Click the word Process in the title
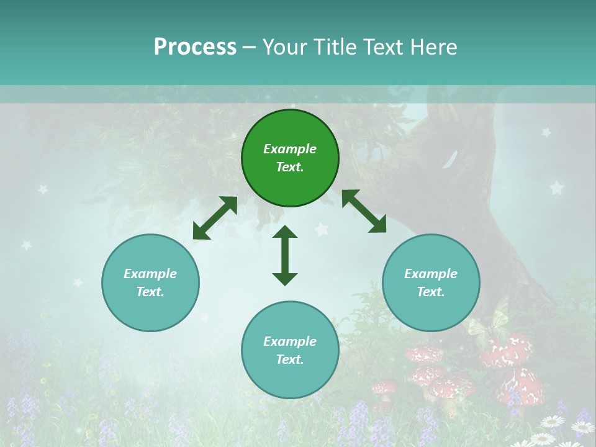pos(195,47)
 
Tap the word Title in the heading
pos(333,47)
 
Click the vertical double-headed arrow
pos(285,255)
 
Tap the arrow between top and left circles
pos(215,218)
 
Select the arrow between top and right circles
pos(364,211)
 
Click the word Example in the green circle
pos(290,149)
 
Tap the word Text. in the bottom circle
pos(290,359)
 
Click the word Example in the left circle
pos(150,274)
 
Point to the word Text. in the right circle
pos(431,292)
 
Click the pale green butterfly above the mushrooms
pos(488,320)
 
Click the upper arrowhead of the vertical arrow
pos(285,232)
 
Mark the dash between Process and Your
pos(250,48)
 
